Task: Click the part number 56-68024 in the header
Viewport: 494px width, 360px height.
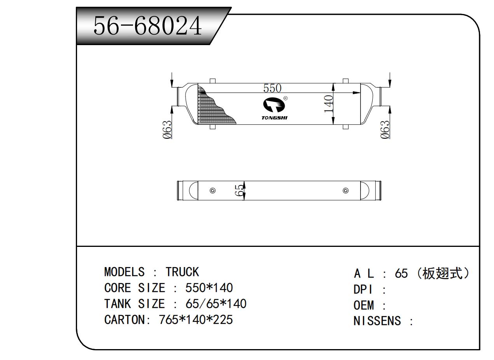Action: coord(148,27)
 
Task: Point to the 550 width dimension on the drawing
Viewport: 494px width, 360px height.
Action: coord(272,88)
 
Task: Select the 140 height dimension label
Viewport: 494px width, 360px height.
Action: coord(329,104)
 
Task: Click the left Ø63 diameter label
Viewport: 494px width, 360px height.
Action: coord(167,129)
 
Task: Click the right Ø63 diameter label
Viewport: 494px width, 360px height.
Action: coord(385,129)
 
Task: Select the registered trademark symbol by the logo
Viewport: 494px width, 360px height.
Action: coord(286,98)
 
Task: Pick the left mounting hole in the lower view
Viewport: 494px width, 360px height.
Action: coord(212,190)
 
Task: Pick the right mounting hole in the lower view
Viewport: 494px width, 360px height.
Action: coord(346,190)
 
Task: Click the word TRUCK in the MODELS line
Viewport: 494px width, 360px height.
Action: coord(182,272)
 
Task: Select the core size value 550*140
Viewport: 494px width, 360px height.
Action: coord(209,288)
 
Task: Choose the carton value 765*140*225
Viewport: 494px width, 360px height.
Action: coord(196,320)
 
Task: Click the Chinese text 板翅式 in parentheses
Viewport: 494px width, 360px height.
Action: coord(443,274)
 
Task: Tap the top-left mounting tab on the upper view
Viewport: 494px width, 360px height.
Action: coord(212,81)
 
